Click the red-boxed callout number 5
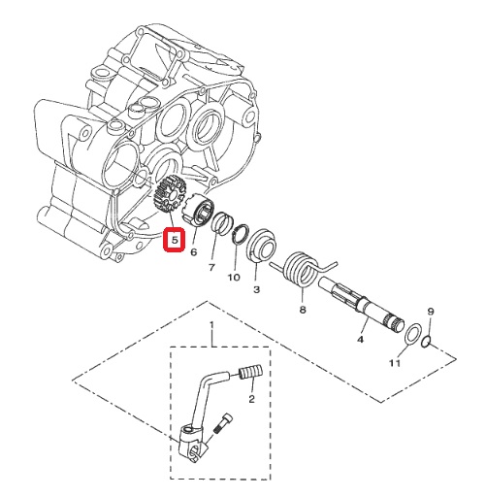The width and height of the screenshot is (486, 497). (x=175, y=241)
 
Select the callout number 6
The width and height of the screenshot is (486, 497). (x=193, y=251)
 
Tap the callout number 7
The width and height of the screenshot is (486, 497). (x=211, y=268)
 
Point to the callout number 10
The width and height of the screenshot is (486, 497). (x=234, y=278)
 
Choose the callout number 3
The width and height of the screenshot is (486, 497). (x=256, y=289)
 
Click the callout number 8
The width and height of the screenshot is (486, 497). (x=303, y=310)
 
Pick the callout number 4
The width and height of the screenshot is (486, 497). (x=360, y=339)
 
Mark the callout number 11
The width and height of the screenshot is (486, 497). (x=395, y=363)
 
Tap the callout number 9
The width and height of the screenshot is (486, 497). (x=431, y=312)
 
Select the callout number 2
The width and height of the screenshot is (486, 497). (x=251, y=399)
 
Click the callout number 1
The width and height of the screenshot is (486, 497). (x=212, y=324)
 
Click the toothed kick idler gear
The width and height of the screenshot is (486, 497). (x=170, y=195)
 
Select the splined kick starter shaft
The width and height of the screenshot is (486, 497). (x=361, y=306)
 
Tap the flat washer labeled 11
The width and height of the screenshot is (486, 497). (x=413, y=335)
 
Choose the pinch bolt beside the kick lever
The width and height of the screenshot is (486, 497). (x=223, y=423)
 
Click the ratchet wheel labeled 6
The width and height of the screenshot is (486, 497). (x=198, y=209)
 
